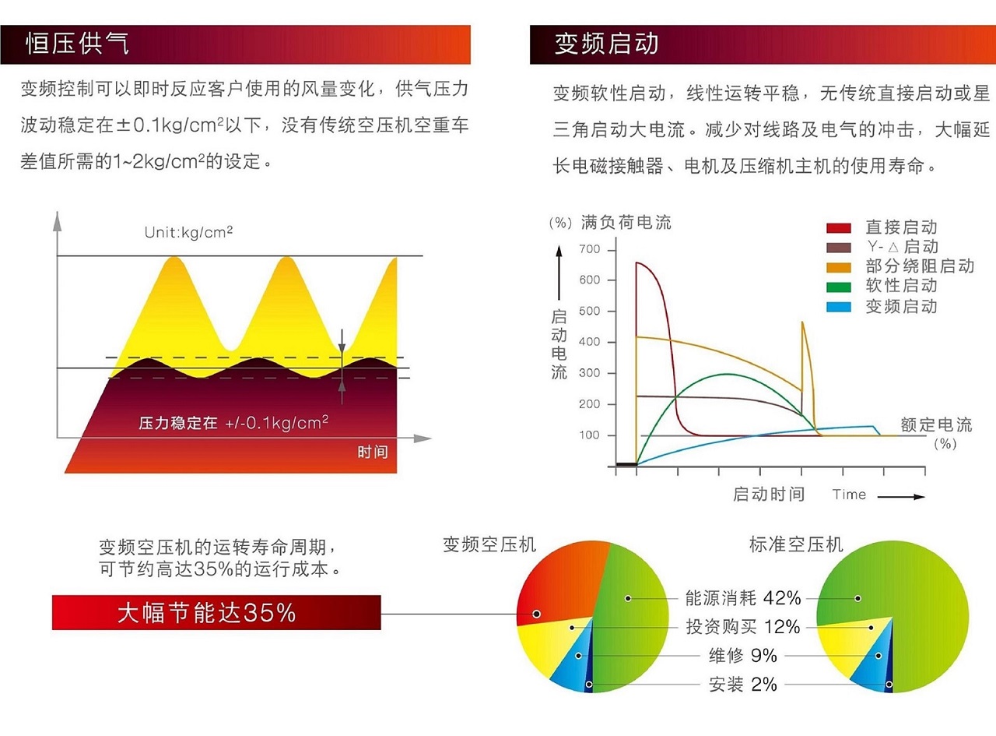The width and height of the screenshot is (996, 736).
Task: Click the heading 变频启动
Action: pyautogui.click(x=606, y=44)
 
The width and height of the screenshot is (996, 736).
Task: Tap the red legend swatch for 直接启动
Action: pyautogui.click(x=838, y=227)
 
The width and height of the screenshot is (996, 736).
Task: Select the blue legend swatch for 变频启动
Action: pyautogui.click(x=838, y=306)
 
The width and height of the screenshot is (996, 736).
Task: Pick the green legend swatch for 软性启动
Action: pyautogui.click(x=838, y=287)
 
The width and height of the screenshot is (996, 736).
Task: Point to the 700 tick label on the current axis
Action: pyautogui.click(x=590, y=249)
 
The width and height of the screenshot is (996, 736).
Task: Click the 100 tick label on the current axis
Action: pyautogui.click(x=590, y=435)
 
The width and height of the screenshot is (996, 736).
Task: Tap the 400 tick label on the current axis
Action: pyautogui.click(x=590, y=342)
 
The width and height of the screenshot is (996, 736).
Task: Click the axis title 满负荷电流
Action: pyautogui.click(x=626, y=223)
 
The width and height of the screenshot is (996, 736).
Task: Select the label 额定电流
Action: pyautogui.click(x=936, y=425)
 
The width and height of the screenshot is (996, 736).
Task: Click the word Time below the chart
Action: pyautogui.click(x=849, y=495)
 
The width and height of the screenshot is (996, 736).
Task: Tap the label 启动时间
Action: pyautogui.click(x=769, y=495)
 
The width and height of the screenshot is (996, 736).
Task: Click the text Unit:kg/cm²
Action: pyautogui.click(x=189, y=232)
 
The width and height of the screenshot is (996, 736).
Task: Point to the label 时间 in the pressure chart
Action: pyautogui.click(x=373, y=453)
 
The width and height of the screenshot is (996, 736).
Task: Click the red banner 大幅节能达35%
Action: pyautogui.click(x=216, y=613)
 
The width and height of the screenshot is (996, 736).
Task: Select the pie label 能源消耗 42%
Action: pyautogui.click(x=742, y=598)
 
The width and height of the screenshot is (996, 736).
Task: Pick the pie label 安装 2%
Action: pyautogui.click(x=742, y=685)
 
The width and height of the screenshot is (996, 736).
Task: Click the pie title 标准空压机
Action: pyautogui.click(x=796, y=544)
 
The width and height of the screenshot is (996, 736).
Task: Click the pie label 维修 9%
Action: pyautogui.click(x=742, y=656)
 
